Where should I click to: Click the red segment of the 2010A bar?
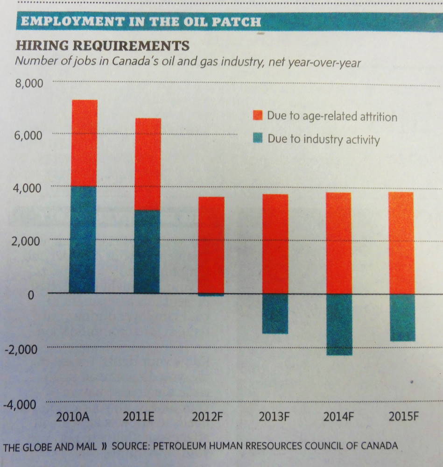(84, 143)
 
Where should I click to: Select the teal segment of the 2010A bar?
(83, 239)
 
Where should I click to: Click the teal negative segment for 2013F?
(275, 313)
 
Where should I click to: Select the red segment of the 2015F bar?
(402, 243)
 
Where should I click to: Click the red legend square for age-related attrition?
(258, 115)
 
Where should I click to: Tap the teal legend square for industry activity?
(258, 139)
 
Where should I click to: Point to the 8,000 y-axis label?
(29, 84)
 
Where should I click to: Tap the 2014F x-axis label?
(338, 417)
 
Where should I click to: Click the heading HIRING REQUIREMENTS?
(103, 46)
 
